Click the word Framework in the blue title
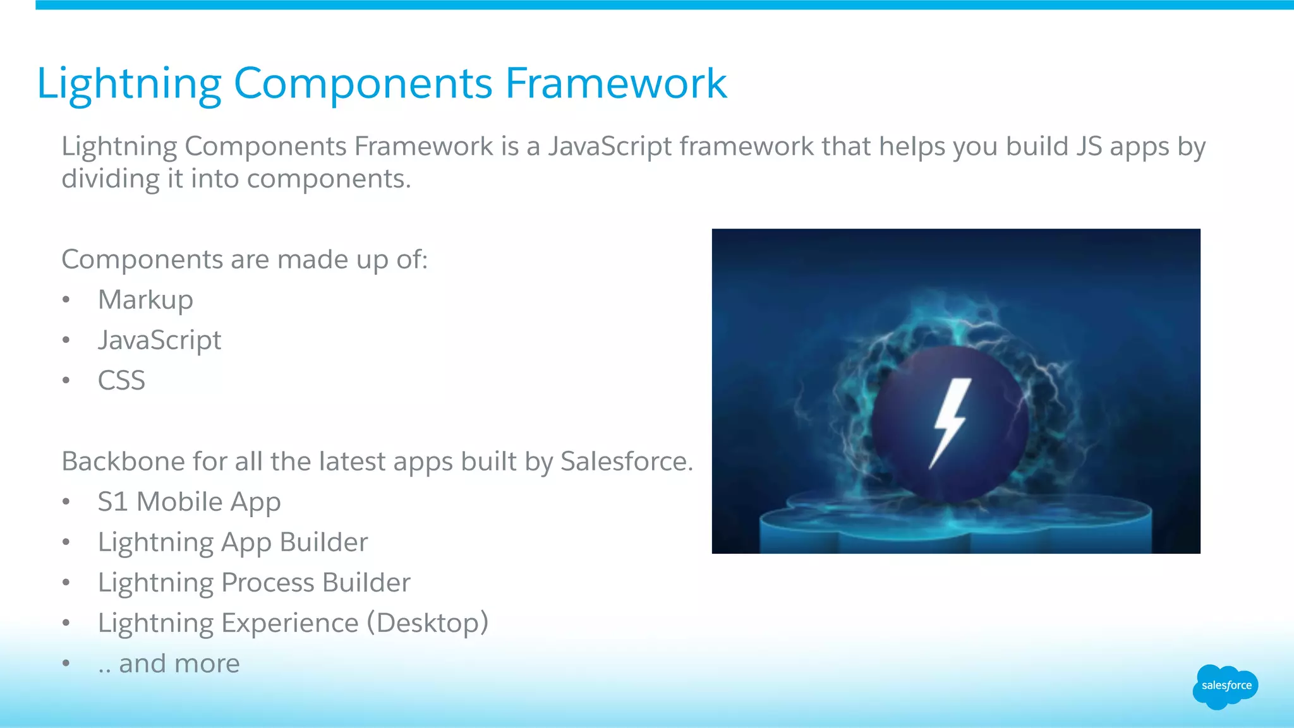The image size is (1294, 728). (x=616, y=83)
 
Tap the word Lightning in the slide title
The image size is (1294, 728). (x=129, y=85)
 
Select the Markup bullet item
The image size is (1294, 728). (x=145, y=300)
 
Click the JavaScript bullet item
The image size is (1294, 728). (x=159, y=340)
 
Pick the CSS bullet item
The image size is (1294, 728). (x=121, y=381)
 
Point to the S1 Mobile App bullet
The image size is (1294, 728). (x=189, y=502)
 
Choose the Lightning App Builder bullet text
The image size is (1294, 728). (x=233, y=542)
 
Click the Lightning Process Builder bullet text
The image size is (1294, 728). (x=254, y=583)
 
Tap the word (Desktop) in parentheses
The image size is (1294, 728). (x=428, y=623)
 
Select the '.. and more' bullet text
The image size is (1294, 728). (x=169, y=664)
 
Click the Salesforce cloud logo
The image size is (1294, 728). (x=1225, y=686)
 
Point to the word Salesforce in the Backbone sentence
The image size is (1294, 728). (x=626, y=462)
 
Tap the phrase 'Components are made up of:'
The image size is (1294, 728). (x=245, y=260)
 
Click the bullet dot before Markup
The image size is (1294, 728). (x=66, y=300)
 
